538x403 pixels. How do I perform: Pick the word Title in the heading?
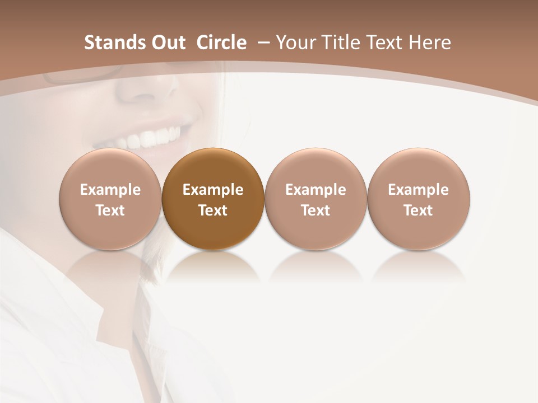tap(338, 43)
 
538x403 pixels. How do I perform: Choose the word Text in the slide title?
tap(383, 43)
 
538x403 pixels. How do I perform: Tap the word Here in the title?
tap(430, 43)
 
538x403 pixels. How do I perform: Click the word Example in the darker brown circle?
tap(213, 190)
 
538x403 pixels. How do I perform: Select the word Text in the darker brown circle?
tap(213, 210)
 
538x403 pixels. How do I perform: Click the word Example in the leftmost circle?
tap(110, 190)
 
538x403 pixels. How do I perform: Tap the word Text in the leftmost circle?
tap(110, 210)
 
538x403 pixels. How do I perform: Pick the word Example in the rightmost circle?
tap(419, 190)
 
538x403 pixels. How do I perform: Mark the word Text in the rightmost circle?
tap(419, 210)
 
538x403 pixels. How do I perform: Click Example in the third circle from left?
tap(316, 190)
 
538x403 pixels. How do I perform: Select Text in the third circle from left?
tap(316, 210)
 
